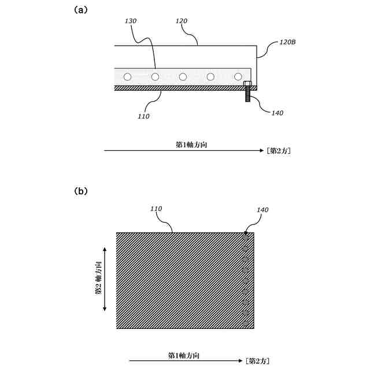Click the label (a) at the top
point(81,9)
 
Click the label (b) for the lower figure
point(81,191)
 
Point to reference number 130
point(131,21)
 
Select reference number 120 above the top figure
point(181,21)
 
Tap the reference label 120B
point(288,42)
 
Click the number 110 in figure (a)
point(144,116)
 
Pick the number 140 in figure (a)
point(277,113)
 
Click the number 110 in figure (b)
point(156,208)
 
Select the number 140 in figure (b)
point(262,210)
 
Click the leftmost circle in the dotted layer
point(128,77)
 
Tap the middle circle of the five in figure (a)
point(183,77)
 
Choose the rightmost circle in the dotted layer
point(238,77)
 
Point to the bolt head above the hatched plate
point(247,84)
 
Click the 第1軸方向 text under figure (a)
point(191,145)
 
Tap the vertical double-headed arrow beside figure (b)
point(105,279)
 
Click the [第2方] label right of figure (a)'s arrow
point(278,151)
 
